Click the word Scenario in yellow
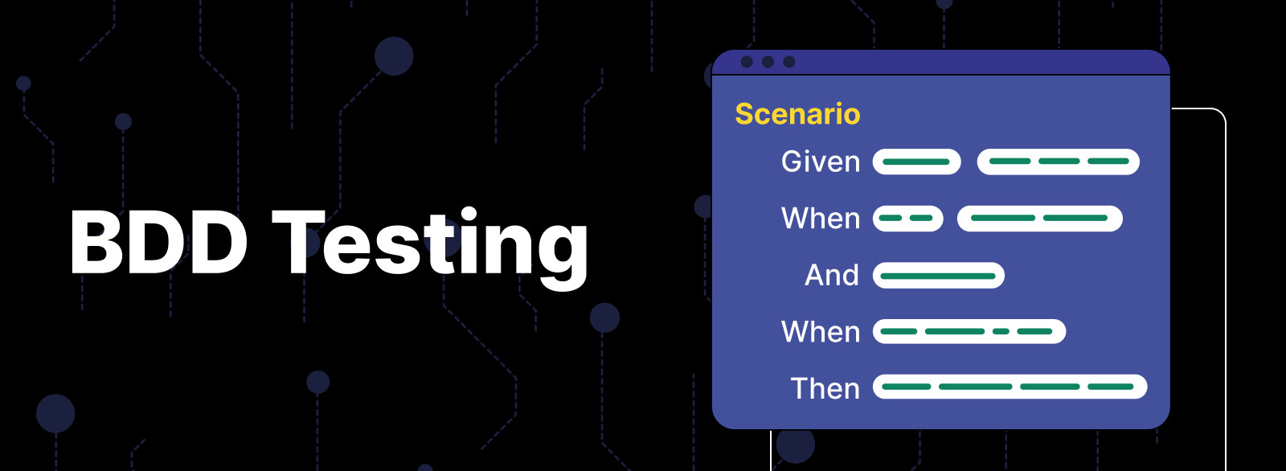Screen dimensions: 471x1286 click(x=797, y=114)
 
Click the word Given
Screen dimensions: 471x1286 click(x=821, y=162)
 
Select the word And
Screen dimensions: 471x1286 click(x=832, y=275)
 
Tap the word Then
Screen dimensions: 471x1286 click(x=825, y=388)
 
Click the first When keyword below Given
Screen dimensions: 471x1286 click(x=821, y=218)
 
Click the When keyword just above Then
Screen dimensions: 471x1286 click(x=821, y=331)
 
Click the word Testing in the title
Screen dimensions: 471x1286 click(x=431, y=243)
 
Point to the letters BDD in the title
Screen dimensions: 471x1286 click(x=158, y=243)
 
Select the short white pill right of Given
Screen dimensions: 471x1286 click(x=916, y=162)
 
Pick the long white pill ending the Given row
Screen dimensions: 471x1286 click(x=1058, y=162)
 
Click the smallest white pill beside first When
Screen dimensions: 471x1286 click(x=907, y=218)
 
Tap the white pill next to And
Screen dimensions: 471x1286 click(x=938, y=276)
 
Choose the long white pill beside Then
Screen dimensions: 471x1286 click(x=1010, y=387)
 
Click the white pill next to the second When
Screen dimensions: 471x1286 click(x=969, y=331)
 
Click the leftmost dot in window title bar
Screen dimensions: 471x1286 click(x=747, y=62)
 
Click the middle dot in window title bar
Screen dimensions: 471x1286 click(x=768, y=62)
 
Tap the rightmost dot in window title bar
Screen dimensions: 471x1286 click(x=789, y=62)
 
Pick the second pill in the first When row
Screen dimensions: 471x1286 click(x=1039, y=218)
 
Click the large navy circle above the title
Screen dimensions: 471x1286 click(x=394, y=56)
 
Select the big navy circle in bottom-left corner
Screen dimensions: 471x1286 click(x=55, y=414)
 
